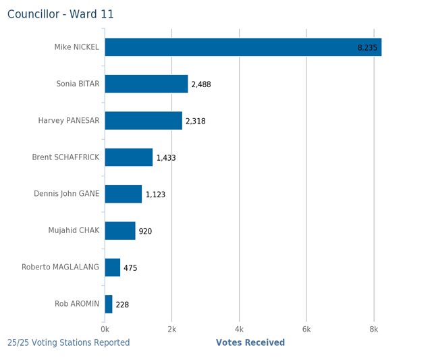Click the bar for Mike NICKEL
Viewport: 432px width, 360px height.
(243, 47)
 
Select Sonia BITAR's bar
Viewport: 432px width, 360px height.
(146, 84)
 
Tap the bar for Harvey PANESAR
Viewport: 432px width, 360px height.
(144, 121)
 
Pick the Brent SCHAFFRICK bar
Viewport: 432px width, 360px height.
(129, 157)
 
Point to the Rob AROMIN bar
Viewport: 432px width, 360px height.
(109, 304)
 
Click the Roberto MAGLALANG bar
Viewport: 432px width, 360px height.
(113, 267)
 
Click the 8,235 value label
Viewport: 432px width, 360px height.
(367, 48)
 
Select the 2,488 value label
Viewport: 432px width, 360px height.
(201, 84)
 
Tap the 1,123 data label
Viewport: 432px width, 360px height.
(155, 195)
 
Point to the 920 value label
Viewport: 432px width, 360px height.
(145, 232)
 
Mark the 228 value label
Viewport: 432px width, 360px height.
(122, 305)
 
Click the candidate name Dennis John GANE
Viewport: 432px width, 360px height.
(66, 194)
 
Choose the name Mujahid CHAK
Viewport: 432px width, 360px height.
(74, 230)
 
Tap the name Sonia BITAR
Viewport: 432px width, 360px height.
(78, 84)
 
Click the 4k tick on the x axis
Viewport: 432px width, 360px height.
(239, 329)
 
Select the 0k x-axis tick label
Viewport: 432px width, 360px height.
(105, 329)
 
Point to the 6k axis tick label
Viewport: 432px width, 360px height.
(306, 329)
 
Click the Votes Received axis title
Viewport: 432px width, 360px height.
(250, 343)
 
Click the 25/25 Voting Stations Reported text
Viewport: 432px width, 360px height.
(69, 343)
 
